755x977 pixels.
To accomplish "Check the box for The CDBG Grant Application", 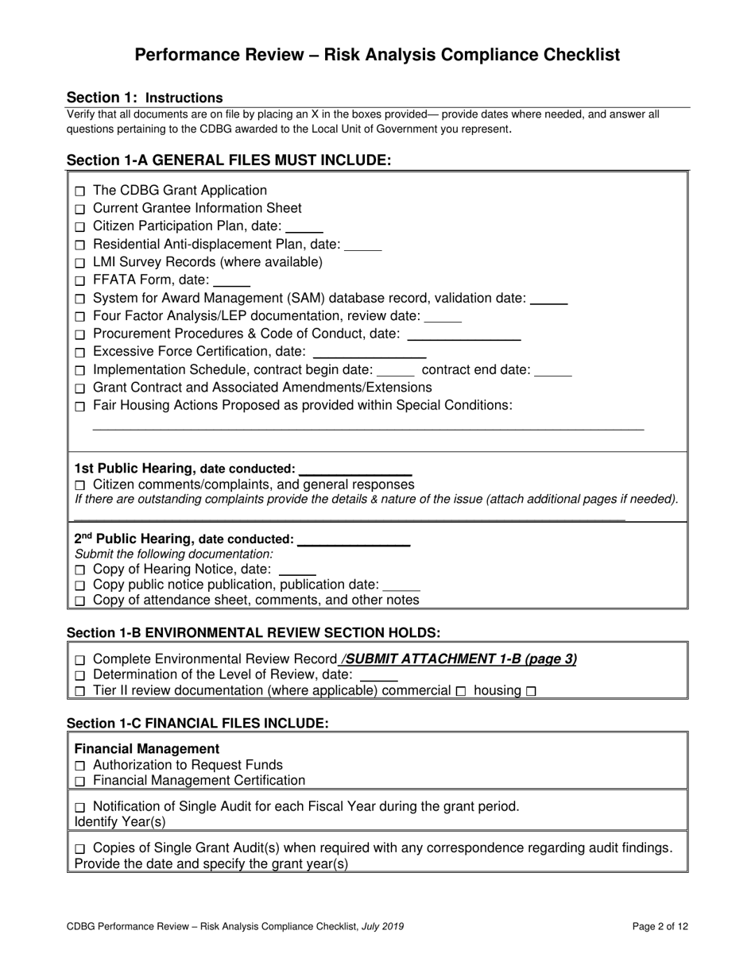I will (x=79, y=191).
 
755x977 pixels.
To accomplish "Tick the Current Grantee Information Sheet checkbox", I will (x=79, y=210).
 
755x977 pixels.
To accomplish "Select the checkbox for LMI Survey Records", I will (x=79, y=263).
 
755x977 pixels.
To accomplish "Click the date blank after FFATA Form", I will (x=232, y=283).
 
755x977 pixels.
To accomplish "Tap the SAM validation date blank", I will (x=548, y=301).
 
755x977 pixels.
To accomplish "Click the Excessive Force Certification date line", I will (x=370, y=354).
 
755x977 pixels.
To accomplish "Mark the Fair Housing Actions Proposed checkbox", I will (x=79, y=407).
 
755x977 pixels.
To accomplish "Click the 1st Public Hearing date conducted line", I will (x=354, y=472).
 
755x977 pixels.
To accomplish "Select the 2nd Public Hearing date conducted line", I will (x=352, y=543).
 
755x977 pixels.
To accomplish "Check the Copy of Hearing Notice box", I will (x=79, y=570).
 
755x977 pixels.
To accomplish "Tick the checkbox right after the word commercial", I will (x=461, y=692).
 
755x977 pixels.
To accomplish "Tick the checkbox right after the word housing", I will (x=531, y=692).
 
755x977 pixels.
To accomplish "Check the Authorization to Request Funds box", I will (x=79, y=766).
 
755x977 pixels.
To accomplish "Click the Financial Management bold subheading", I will (x=147, y=748).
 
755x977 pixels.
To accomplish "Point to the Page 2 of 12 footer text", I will (x=660, y=925).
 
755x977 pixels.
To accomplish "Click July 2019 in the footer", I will (x=388, y=925).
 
